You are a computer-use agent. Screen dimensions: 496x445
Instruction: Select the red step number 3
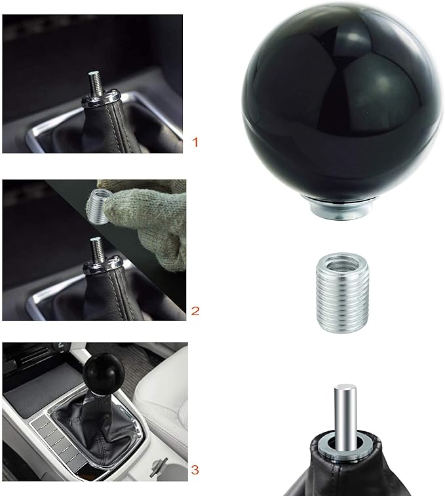click(x=195, y=469)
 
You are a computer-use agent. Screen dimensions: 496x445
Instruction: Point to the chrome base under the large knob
click(x=341, y=208)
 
